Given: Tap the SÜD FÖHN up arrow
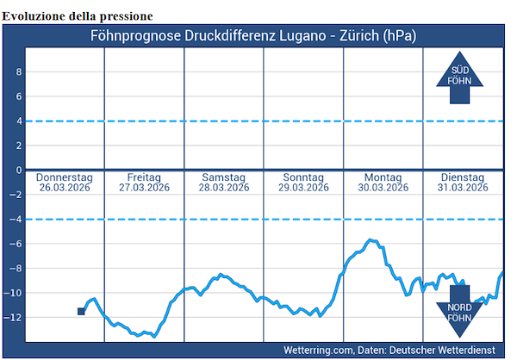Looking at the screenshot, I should point(460,78).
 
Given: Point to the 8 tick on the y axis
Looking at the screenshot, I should point(16,72).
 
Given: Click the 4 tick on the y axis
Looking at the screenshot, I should point(16,121).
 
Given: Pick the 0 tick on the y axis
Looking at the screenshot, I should point(16,171).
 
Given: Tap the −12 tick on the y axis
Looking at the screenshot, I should point(13,318).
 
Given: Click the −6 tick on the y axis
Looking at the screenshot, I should point(14,245).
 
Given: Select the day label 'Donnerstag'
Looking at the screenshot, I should point(65,177).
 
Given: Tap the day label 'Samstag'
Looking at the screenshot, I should point(224,177).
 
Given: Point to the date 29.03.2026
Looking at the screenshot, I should point(304,188).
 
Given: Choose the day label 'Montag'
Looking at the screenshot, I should point(383,177).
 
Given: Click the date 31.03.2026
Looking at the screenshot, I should point(464,188).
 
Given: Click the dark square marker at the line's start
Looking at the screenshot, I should point(81,311).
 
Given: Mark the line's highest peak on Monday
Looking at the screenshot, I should point(371,240).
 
